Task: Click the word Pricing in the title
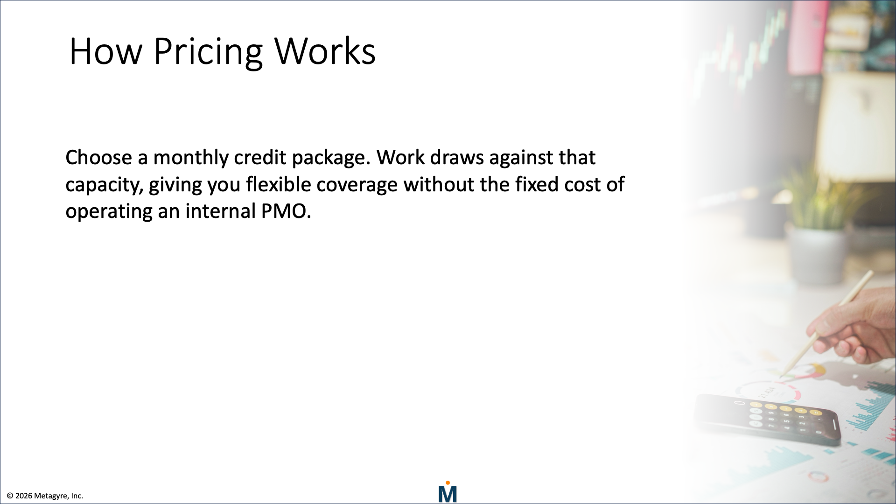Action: pos(208,51)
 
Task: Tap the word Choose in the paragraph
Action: pos(98,158)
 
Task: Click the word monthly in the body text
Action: pos(190,158)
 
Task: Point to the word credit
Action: pos(259,158)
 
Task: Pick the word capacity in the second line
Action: pos(104,185)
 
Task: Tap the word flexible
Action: pos(278,184)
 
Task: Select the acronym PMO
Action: pos(286,211)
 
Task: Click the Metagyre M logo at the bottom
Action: pos(448,494)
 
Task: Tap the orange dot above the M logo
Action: pos(448,483)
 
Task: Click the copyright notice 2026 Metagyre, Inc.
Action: pos(45,496)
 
